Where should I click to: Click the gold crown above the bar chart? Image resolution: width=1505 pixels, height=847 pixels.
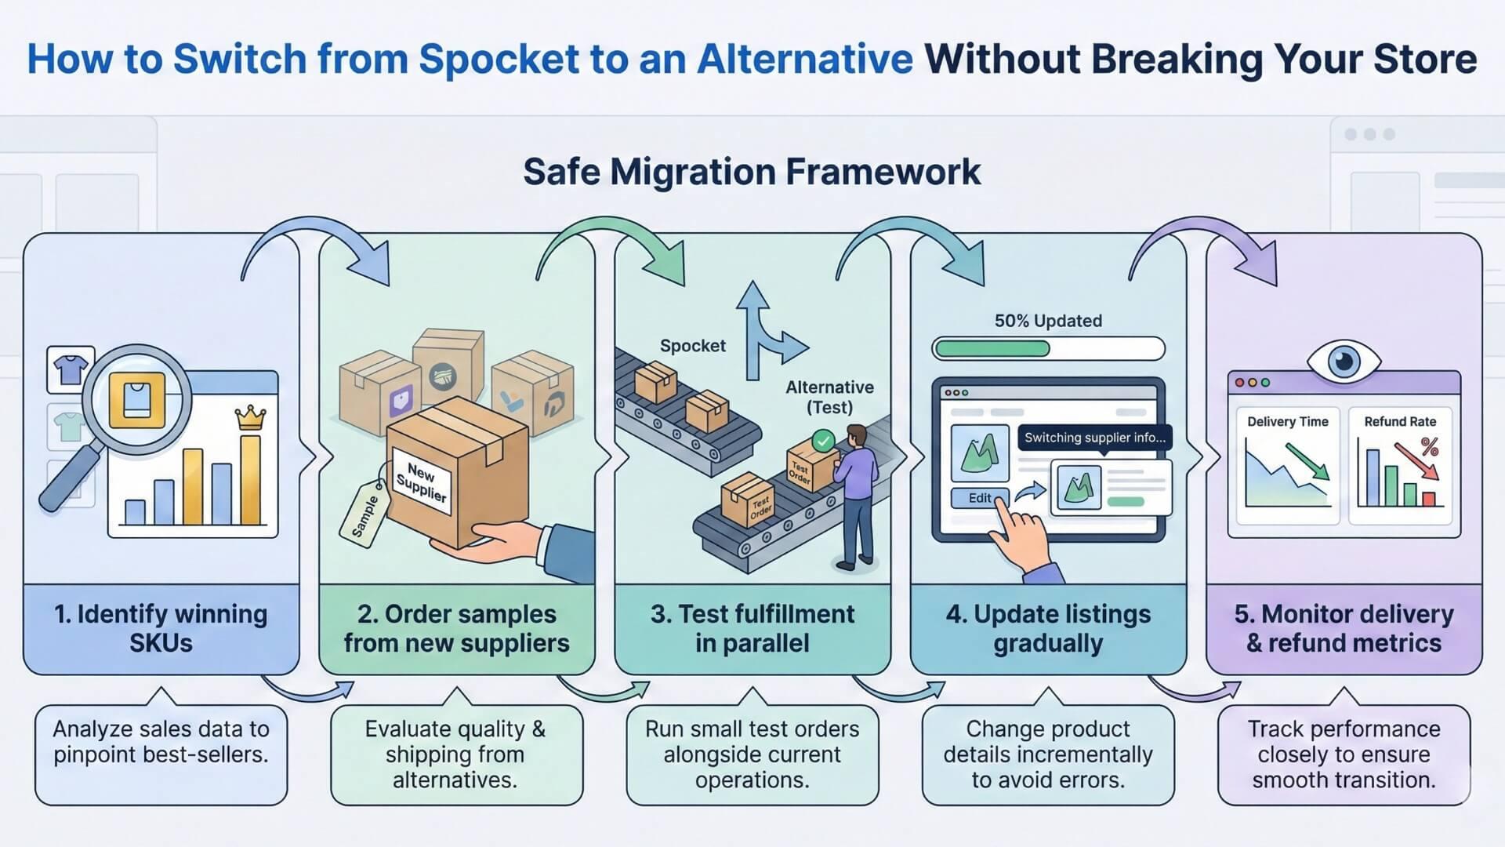click(x=250, y=417)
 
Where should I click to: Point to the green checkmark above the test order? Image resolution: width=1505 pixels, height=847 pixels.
click(x=823, y=441)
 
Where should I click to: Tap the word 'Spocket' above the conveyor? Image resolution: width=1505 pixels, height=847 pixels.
click(x=692, y=346)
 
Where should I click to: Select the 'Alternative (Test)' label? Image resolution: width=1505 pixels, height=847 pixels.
click(x=829, y=397)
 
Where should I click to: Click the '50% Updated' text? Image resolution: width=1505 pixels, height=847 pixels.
click(x=1048, y=321)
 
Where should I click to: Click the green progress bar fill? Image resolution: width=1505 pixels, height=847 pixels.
click(x=992, y=348)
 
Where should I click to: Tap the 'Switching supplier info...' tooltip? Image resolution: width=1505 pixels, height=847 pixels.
click(x=1095, y=438)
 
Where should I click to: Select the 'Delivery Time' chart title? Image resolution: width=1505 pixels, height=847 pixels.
click(x=1288, y=421)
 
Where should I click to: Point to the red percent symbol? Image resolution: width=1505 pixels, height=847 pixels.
click(x=1430, y=447)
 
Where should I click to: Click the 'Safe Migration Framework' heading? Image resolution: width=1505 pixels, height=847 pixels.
click(x=752, y=172)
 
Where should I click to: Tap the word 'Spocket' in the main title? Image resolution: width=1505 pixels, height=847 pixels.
click(x=499, y=59)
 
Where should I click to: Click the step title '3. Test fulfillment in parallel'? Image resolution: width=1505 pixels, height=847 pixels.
click(x=752, y=628)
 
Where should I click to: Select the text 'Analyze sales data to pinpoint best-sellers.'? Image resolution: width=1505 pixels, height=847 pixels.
click(x=161, y=742)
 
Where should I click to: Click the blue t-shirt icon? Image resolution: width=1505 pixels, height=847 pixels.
click(x=71, y=369)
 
